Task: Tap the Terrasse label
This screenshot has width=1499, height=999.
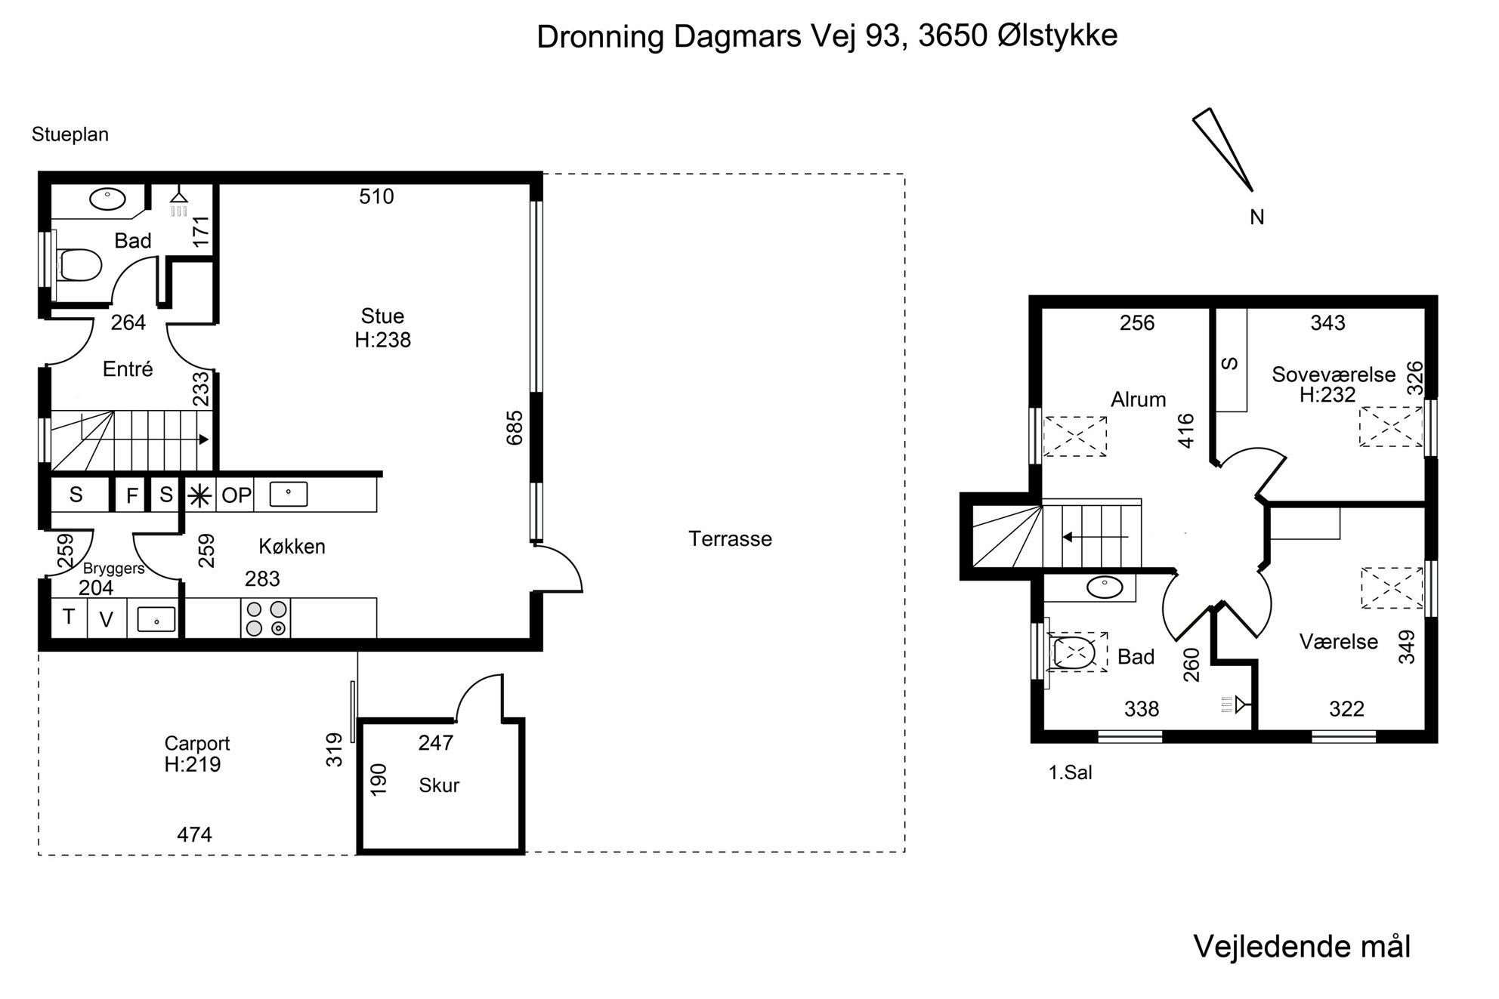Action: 730,539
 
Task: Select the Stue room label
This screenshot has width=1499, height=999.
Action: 382,316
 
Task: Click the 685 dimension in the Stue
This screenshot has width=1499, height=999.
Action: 515,427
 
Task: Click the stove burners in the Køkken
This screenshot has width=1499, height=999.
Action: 266,618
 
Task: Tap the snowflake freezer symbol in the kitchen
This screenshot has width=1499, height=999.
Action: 200,495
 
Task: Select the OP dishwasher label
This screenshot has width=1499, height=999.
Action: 236,495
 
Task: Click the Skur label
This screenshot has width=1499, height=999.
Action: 439,785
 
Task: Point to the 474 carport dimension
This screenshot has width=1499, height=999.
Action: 194,834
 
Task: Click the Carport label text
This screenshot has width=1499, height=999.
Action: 197,744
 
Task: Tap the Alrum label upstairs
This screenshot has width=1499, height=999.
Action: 1138,399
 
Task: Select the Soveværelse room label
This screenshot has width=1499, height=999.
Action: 1334,375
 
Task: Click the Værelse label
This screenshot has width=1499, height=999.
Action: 1339,642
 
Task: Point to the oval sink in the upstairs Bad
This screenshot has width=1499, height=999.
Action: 1105,587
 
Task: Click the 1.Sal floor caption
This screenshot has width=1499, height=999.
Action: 1071,772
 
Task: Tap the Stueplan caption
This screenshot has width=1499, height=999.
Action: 70,134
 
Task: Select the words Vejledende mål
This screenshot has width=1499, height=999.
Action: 1302,947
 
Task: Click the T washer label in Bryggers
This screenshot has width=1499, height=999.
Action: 69,617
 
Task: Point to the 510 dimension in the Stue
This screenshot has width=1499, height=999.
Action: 376,196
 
